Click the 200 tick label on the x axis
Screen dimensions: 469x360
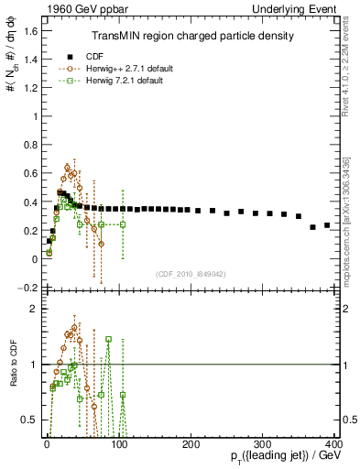click(191, 444)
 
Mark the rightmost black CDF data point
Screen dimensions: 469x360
click(327, 224)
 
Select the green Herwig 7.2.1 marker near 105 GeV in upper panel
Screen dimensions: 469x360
click(123, 224)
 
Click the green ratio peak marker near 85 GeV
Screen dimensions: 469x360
click(108, 339)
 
